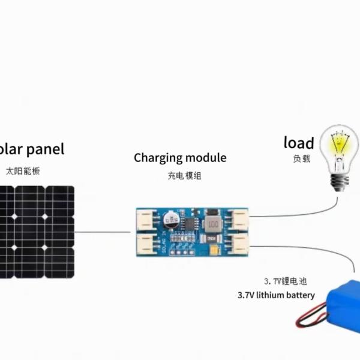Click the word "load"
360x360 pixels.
[299, 143]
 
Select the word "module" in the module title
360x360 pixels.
[206, 158]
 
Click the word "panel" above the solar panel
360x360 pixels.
[42, 149]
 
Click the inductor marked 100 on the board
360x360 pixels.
[214, 226]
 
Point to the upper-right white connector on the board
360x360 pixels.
[240, 220]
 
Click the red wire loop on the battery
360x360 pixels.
[312, 316]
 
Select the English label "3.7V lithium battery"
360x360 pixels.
[276, 295]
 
